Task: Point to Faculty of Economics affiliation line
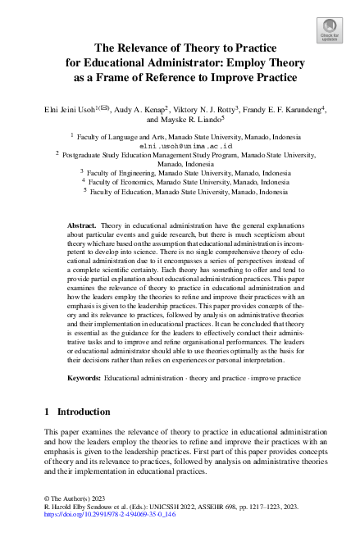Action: click(x=185, y=183)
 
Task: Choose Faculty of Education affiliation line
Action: click(x=185, y=193)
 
